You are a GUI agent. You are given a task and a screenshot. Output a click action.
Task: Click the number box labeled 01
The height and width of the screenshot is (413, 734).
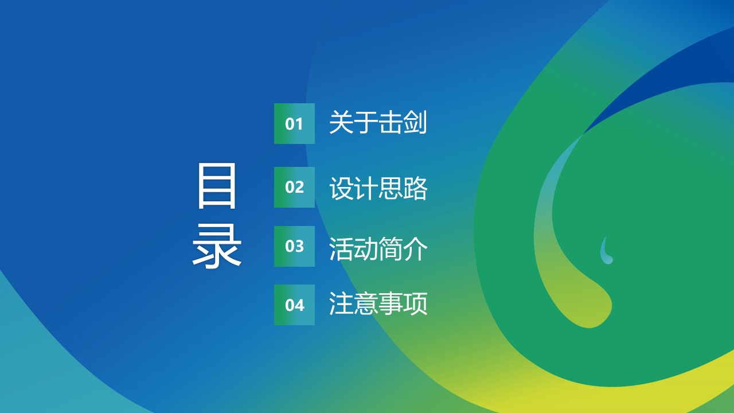[294, 123]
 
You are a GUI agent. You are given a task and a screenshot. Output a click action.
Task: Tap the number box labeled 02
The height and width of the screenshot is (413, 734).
[294, 187]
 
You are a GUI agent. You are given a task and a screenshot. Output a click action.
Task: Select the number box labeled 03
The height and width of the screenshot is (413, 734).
[294, 246]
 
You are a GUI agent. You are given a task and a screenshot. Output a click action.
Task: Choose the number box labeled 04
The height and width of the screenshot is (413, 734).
[294, 305]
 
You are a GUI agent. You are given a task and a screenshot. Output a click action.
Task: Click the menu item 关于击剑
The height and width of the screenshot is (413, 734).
[378, 122]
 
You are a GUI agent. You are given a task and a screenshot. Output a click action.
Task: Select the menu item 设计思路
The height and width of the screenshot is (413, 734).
[378, 188]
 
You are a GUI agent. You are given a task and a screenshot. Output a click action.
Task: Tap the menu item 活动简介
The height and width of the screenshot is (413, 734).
[378, 249]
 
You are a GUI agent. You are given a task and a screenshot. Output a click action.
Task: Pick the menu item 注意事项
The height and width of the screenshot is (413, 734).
[378, 303]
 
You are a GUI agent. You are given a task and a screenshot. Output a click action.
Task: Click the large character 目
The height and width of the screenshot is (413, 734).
[217, 186]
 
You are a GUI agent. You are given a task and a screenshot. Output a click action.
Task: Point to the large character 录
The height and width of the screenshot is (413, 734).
[217, 246]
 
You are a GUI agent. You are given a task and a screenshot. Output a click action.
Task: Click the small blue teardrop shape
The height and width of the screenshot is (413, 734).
[606, 251]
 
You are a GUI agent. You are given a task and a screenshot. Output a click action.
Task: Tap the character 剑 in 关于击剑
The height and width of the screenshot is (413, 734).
[415, 122]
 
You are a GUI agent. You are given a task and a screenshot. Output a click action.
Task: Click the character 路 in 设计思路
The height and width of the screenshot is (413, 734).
[415, 188]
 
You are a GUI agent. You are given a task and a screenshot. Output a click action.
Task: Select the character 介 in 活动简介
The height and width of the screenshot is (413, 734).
[415, 249]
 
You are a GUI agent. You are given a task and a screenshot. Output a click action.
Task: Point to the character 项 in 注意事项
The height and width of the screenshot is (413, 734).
[415, 303]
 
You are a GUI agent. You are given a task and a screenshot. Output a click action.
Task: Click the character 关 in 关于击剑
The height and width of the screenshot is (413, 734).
[341, 122]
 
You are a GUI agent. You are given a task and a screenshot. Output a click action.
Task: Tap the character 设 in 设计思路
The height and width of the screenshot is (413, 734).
[341, 188]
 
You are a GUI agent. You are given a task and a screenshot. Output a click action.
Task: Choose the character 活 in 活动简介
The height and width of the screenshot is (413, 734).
[341, 249]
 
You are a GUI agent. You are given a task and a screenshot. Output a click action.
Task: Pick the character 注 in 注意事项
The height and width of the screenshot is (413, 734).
[341, 303]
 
